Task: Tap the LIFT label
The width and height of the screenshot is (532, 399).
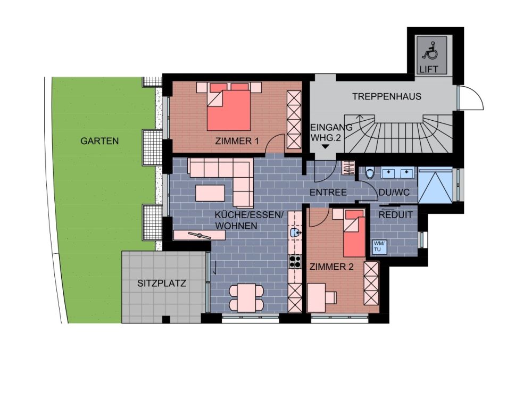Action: point(429,69)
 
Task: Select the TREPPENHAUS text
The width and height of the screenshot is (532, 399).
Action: point(386,96)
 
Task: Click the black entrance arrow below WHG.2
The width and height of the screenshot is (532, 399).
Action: point(326,147)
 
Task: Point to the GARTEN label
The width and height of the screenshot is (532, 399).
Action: point(99,141)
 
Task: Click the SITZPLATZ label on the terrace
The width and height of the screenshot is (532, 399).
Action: point(162,283)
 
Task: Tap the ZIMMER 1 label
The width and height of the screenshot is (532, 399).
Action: point(237,141)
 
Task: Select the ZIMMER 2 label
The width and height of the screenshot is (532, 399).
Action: point(331,267)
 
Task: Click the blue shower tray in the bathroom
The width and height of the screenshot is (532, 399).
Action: point(435,186)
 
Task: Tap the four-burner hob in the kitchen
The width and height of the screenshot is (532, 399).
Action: point(295,261)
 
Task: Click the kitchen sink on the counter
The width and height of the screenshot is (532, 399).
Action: point(295,233)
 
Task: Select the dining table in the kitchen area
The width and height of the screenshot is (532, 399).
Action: point(246,298)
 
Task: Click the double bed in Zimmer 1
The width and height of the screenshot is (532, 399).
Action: point(229,106)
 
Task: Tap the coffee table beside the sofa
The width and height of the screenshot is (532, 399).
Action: point(210,193)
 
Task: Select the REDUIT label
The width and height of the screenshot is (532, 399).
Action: point(395,215)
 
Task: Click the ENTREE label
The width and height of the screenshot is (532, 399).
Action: point(328,193)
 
